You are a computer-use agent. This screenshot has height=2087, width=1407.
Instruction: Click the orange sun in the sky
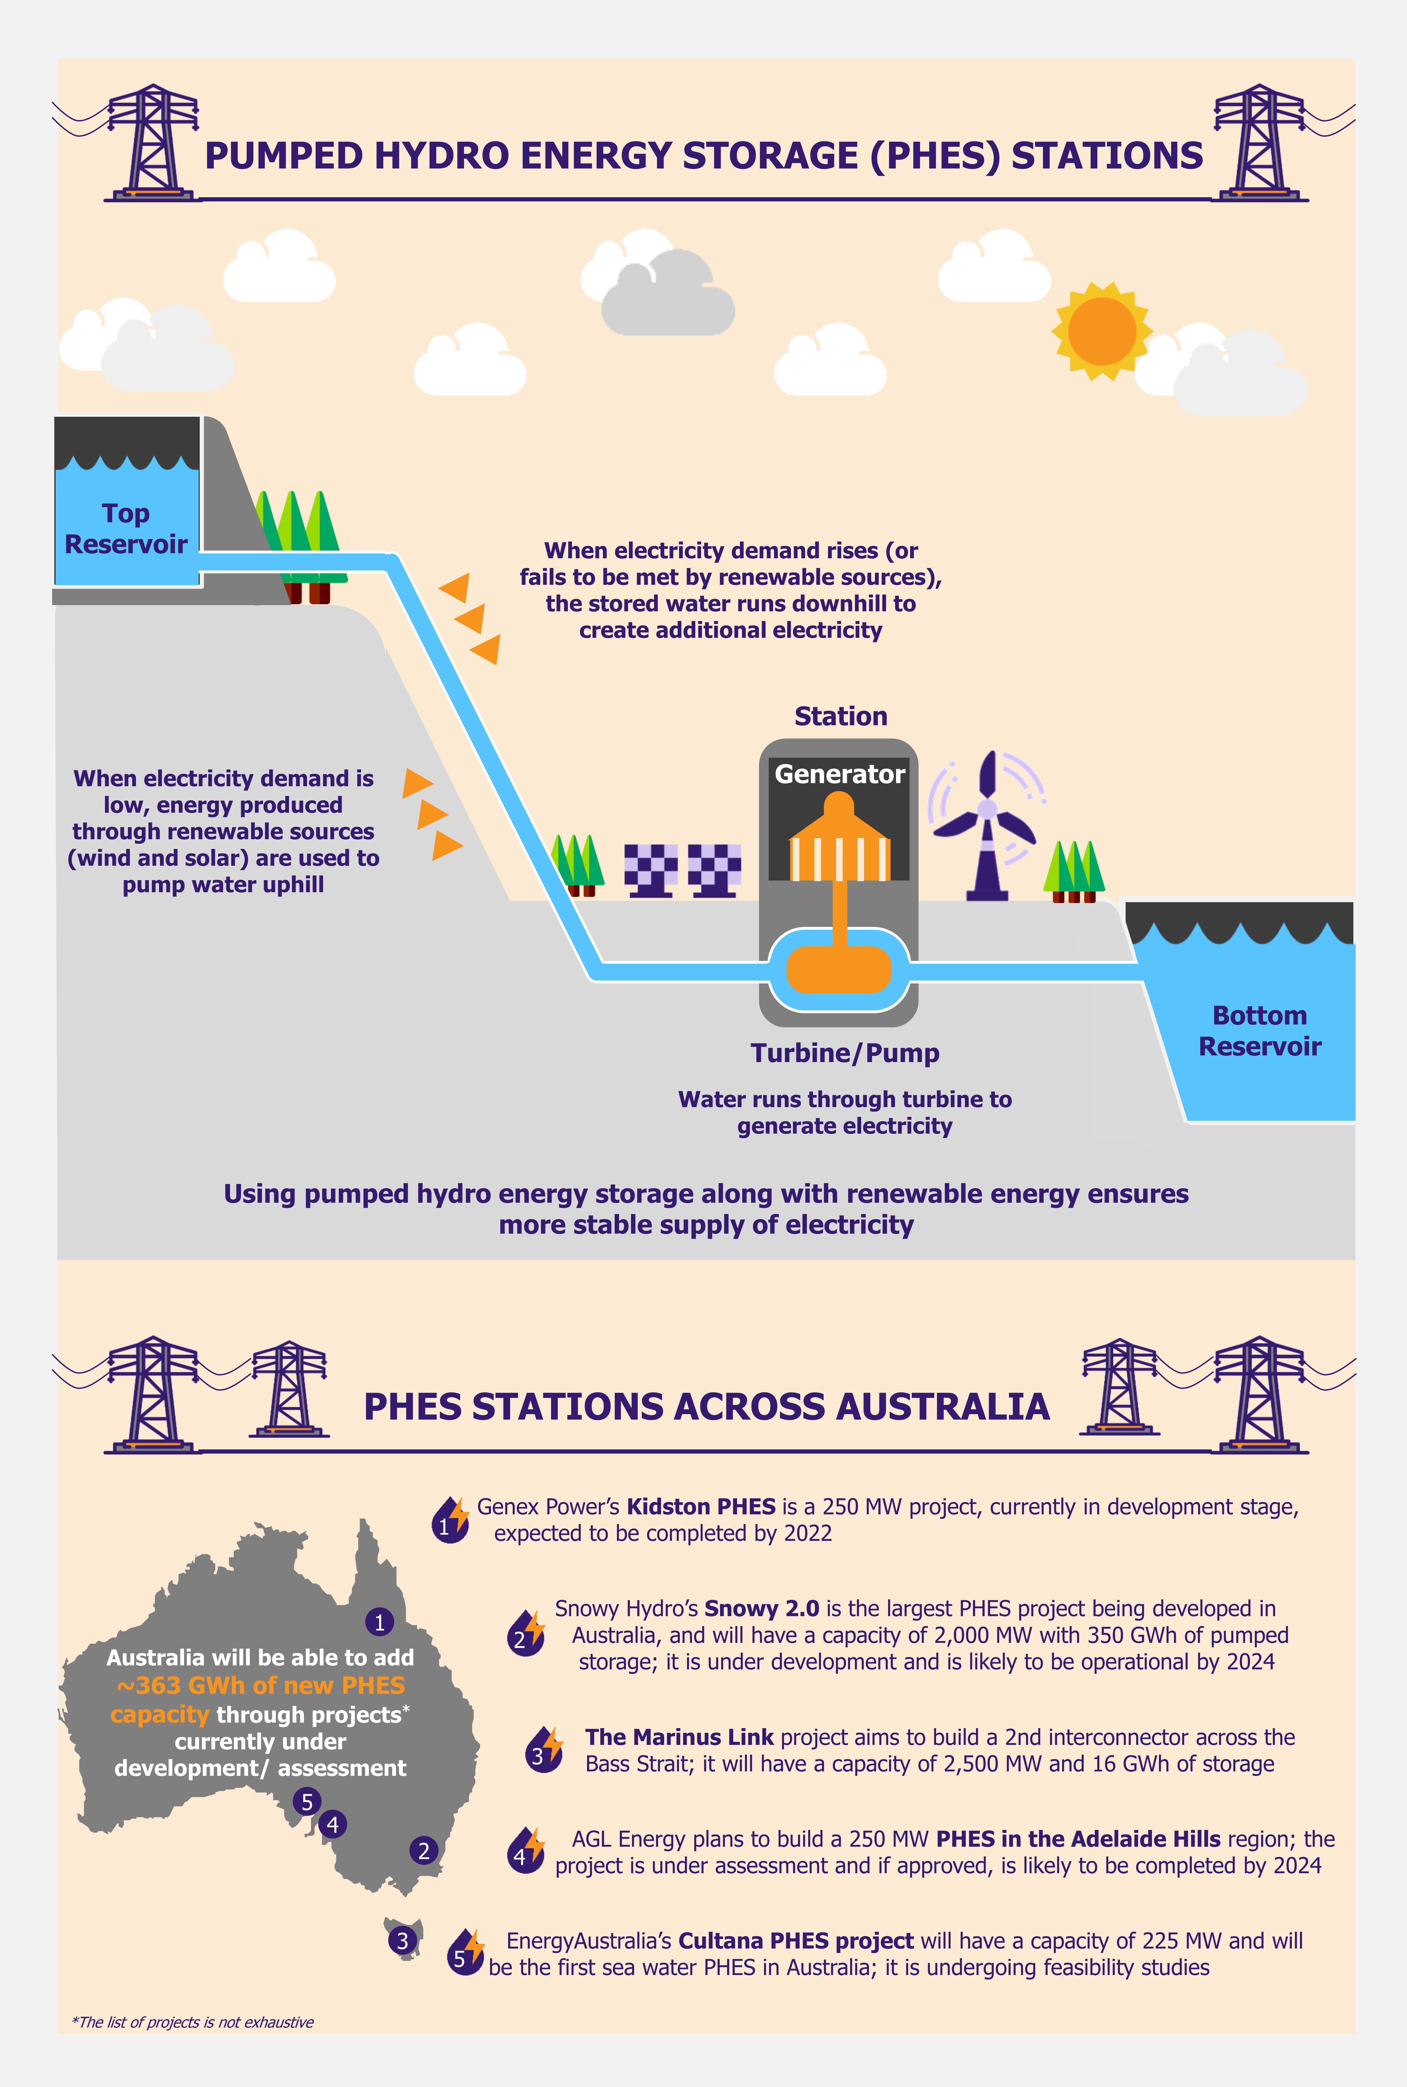click(x=1102, y=330)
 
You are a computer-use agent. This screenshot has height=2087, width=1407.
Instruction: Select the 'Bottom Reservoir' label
click(x=1260, y=1030)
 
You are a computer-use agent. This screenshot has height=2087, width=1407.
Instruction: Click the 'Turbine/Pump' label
click(x=844, y=1053)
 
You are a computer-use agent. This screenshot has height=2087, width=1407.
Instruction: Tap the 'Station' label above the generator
click(x=841, y=716)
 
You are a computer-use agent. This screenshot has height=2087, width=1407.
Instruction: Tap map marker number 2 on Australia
click(x=424, y=1850)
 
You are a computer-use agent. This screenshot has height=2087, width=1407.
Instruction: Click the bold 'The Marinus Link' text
click(x=679, y=1737)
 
